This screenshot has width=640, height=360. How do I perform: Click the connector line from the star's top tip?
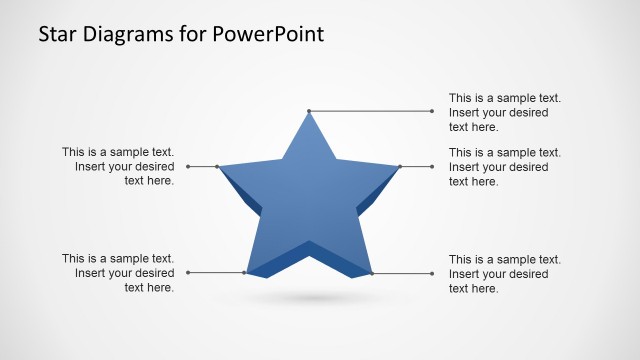tap(370, 111)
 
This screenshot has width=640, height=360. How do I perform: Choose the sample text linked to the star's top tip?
tap(504, 112)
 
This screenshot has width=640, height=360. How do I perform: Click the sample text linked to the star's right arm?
tap(504, 167)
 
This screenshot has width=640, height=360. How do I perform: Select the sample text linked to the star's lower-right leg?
tap(504, 273)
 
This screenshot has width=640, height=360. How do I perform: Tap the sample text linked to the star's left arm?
tap(118, 166)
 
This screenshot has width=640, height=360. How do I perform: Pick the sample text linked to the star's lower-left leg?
tap(118, 273)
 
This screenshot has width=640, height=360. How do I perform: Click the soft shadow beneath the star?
tap(310, 298)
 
